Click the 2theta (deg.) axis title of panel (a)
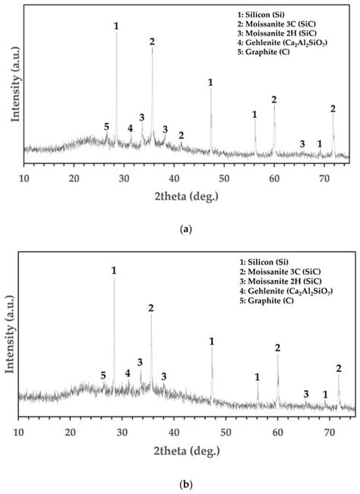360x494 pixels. click(x=187, y=196)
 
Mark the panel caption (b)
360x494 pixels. click(x=186, y=482)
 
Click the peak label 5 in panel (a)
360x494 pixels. click(x=106, y=126)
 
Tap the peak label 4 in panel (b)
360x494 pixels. click(x=128, y=373)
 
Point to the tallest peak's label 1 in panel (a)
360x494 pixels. click(x=116, y=26)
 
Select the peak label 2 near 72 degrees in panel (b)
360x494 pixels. click(x=339, y=368)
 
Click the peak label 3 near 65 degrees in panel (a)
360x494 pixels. click(x=302, y=144)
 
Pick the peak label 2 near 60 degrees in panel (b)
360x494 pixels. click(x=277, y=348)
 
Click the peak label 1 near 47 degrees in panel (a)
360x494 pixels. click(x=210, y=82)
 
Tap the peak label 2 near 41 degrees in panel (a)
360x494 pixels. click(x=181, y=135)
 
